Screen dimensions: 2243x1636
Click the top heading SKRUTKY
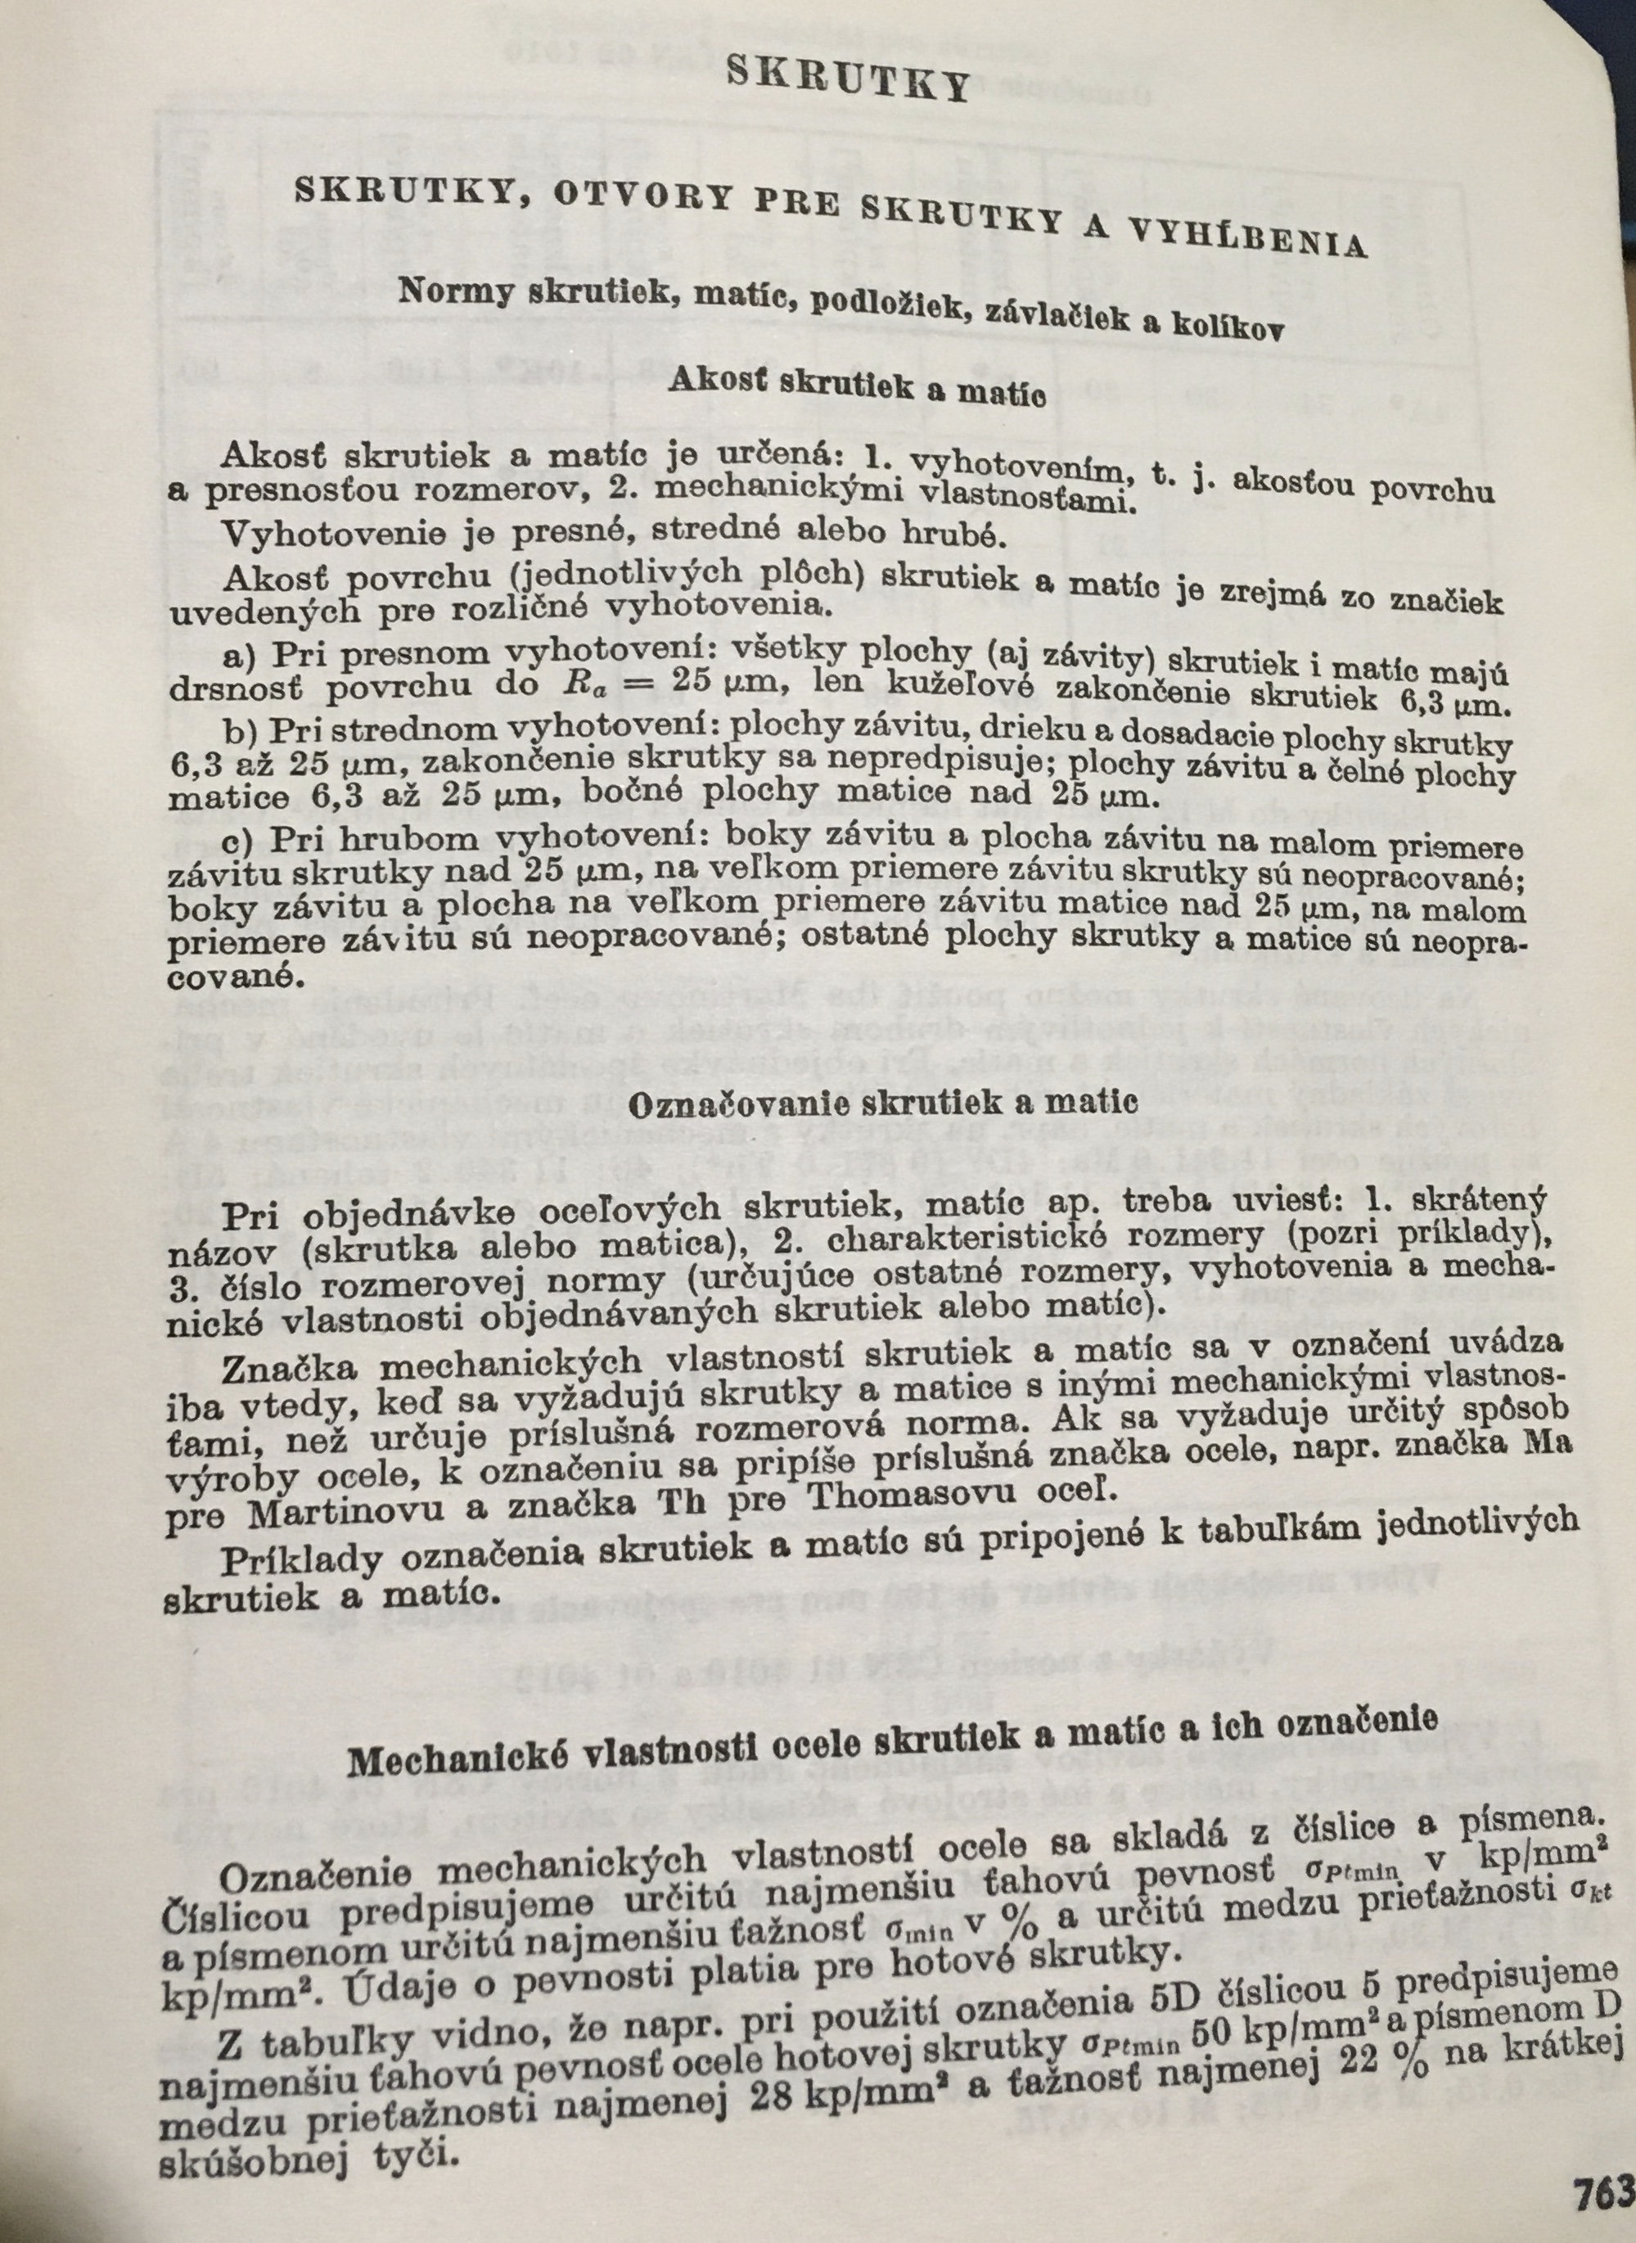(x=847, y=79)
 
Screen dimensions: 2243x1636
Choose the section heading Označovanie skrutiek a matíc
(x=883, y=1102)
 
